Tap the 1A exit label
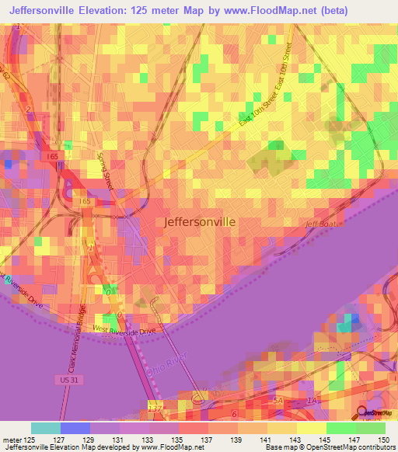coord(312,400)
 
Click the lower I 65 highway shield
coord(85,202)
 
